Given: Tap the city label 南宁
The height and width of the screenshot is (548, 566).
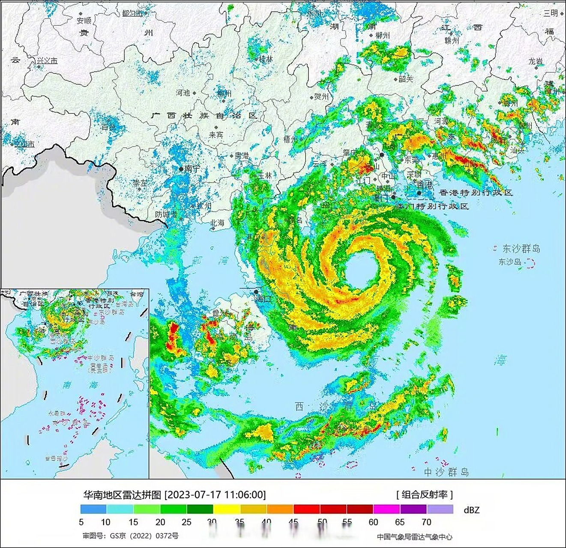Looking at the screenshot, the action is click(192, 169).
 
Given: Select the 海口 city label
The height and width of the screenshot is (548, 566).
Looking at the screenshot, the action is click(264, 299).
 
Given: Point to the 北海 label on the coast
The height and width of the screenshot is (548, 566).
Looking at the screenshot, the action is click(217, 223).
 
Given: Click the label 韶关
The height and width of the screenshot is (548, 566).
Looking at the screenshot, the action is click(406, 79).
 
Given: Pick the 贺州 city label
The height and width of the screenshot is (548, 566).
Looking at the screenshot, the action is click(321, 97).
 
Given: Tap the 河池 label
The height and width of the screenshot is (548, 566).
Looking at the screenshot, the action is click(183, 92).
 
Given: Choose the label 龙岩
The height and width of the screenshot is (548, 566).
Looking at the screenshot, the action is click(536, 61).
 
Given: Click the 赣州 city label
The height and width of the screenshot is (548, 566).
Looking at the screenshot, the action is click(452, 41).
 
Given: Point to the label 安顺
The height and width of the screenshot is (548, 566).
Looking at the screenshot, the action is click(84, 20).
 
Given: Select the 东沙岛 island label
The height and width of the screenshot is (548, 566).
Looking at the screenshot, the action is click(509, 262).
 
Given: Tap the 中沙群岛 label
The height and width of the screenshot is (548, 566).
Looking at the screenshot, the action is click(446, 472).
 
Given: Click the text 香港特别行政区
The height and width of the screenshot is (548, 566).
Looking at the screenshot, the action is click(476, 193).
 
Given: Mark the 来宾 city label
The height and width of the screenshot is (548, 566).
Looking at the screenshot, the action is click(216, 135).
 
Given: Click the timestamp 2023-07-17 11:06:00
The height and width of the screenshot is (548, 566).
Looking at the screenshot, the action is click(215, 495).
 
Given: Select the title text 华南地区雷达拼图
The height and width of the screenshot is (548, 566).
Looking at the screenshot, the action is click(122, 495).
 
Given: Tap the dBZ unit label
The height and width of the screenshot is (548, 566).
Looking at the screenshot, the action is click(471, 510).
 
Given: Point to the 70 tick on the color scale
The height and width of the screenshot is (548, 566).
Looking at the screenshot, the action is click(426, 522).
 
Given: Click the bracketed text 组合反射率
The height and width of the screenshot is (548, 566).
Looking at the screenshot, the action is click(425, 494).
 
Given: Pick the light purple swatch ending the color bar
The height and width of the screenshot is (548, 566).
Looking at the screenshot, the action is click(440, 509).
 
